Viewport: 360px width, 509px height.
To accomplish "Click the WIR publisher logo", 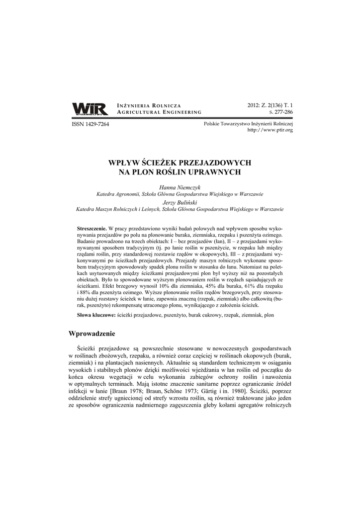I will click(x=90, y=109).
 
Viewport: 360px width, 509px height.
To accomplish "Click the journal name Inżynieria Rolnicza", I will click(x=149, y=106).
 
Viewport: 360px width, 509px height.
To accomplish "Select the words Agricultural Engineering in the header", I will click(x=159, y=113).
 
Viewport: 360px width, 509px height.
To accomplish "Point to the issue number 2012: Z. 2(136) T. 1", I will click(x=270, y=105).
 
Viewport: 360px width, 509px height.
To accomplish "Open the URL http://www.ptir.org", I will click(x=270, y=130).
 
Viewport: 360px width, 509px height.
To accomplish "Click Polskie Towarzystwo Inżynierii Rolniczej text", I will click(x=249, y=123).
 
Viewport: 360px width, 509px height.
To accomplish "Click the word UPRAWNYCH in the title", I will click(x=217, y=172).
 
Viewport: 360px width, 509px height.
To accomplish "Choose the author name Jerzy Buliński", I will click(x=180, y=202).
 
